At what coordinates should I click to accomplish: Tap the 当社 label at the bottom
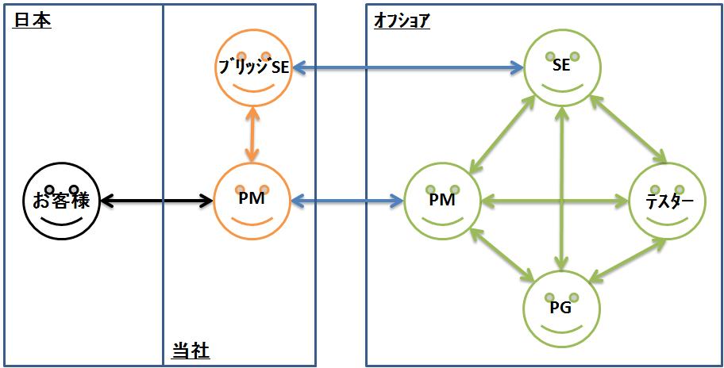(191, 351)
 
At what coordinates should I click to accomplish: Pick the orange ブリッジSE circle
(253, 68)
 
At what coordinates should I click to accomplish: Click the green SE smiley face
(561, 68)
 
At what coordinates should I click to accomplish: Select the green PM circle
(441, 201)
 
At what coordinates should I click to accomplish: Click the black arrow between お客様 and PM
(154, 201)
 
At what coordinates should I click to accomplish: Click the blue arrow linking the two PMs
(346, 201)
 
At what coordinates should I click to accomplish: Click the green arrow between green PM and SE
(504, 131)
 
